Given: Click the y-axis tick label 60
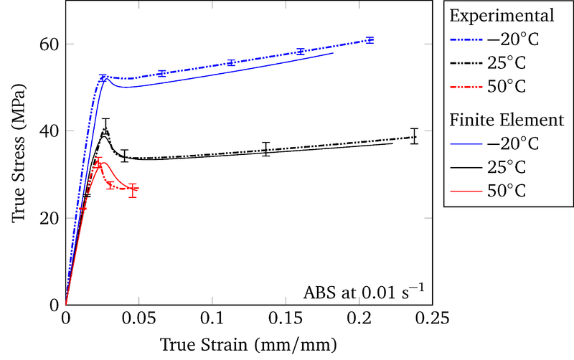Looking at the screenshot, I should click(x=50, y=44).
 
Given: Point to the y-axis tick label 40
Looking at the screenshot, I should click(x=50, y=131).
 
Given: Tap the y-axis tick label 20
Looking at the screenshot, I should click(x=50, y=218).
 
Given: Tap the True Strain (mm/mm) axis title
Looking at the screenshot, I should click(x=248, y=344).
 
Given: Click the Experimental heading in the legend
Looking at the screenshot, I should click(x=502, y=16).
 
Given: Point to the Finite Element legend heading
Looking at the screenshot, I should click(x=507, y=120).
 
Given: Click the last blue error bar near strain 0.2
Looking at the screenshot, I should click(x=370, y=40).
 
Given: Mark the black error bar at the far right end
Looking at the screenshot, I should click(x=414, y=136).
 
